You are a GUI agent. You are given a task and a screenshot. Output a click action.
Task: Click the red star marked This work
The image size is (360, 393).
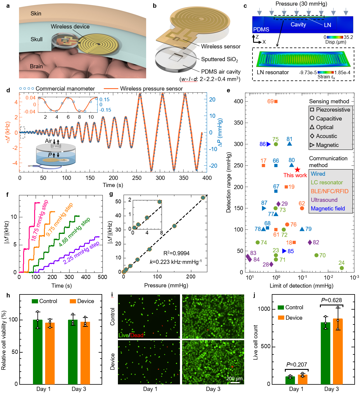[x=297, y=170]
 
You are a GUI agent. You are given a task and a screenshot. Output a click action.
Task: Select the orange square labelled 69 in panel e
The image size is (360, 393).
[x=276, y=102]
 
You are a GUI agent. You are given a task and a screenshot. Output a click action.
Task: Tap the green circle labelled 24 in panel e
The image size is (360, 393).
[x=342, y=268]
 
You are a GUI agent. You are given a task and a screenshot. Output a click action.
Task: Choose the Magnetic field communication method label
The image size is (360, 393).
[x=328, y=208]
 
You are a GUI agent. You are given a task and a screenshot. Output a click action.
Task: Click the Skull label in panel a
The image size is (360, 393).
[x=37, y=39]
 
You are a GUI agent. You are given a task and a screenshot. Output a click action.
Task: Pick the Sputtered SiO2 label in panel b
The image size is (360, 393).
[x=220, y=59]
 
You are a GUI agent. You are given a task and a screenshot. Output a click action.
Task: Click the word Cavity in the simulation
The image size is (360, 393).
[x=298, y=25]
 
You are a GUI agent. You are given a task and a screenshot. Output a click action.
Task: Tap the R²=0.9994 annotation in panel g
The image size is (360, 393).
[x=176, y=253]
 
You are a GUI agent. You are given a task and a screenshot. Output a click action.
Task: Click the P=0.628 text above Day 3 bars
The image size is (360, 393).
[x=331, y=300]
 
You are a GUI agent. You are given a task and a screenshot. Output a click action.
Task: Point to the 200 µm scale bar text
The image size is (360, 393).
[x=234, y=378]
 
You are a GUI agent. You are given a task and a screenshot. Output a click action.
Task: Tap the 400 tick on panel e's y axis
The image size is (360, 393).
[x=238, y=101]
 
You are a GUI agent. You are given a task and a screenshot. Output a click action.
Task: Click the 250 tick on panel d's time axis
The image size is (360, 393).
[x=137, y=178]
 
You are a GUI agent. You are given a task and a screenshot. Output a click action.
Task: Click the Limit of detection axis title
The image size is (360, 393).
[x=301, y=286]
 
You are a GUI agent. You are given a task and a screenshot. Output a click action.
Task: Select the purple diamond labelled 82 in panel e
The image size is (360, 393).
[x=310, y=243]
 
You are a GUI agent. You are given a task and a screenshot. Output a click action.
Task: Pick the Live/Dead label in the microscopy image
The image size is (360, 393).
[x=131, y=335]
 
